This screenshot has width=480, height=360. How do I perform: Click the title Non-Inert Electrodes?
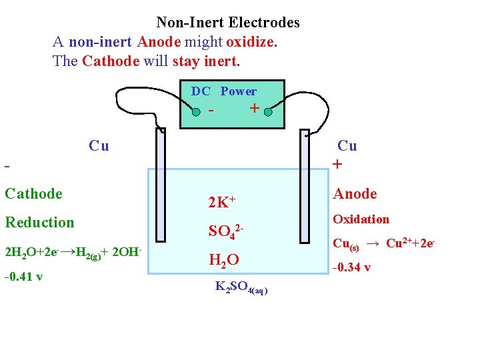coord(228,23)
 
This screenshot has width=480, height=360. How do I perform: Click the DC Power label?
coord(223,91)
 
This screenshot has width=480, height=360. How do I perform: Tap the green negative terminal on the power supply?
coord(196,112)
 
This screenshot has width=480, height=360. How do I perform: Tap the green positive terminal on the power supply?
coord(267,112)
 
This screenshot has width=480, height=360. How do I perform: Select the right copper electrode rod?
coord(305,186)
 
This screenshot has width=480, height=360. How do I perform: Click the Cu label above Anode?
coord(347,146)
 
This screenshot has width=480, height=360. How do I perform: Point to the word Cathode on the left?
coord(33,194)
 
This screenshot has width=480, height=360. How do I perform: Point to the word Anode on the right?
coord(355,194)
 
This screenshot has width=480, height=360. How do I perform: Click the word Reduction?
coord(39,223)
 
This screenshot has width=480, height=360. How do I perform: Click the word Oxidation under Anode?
coord(361,219)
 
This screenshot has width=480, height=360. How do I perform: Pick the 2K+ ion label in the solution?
coord(223,201)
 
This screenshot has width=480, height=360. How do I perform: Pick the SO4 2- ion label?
coord(226,231)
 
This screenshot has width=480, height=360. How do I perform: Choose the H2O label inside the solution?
coord(223,259)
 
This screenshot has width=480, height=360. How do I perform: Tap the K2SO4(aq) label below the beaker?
coord(241,287)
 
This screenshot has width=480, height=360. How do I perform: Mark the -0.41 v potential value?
coord(23,277)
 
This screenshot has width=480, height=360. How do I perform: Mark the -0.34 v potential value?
coord(352,269)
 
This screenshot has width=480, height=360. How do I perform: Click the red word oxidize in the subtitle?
coord(250,42)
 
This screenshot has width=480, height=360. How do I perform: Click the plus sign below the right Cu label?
coord(338,164)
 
